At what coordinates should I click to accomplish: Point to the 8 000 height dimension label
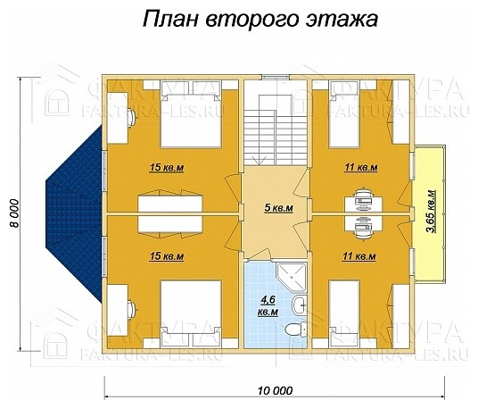pyautogui.click(x=14, y=212)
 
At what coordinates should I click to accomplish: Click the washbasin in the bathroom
pyautogui.click(x=300, y=305)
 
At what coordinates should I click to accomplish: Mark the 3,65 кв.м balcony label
pyautogui.click(x=433, y=212)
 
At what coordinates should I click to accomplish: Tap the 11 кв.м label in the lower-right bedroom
pyautogui.click(x=359, y=256)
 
